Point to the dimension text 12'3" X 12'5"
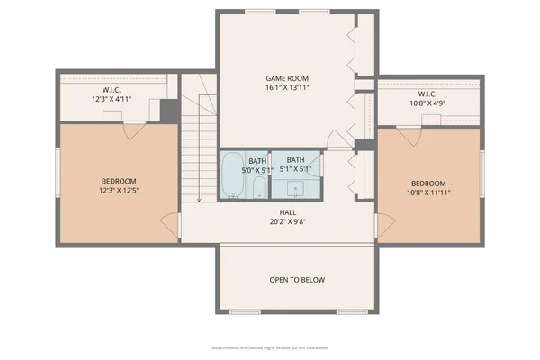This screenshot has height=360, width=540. pos(117,191)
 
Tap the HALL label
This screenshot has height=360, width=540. pos(288,212)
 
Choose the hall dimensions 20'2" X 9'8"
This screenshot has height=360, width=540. pos(288,221)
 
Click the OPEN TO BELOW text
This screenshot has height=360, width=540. pos(297,280)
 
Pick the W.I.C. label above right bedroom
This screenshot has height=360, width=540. pos(427,94)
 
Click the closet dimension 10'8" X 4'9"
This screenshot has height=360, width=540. pos(427,103)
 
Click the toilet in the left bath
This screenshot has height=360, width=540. pos(257,187)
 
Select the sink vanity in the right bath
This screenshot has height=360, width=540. pos(296,189)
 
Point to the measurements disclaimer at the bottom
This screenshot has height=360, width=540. pos(270,346)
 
